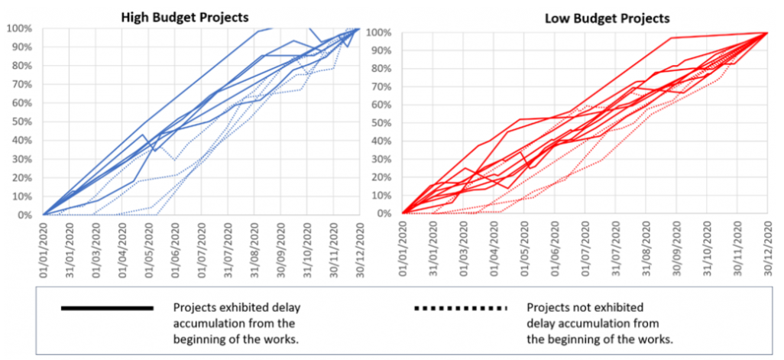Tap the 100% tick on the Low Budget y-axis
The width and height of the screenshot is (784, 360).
[379, 33]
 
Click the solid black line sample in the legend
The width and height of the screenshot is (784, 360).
[107, 308]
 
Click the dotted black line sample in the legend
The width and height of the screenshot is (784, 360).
[460, 308]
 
